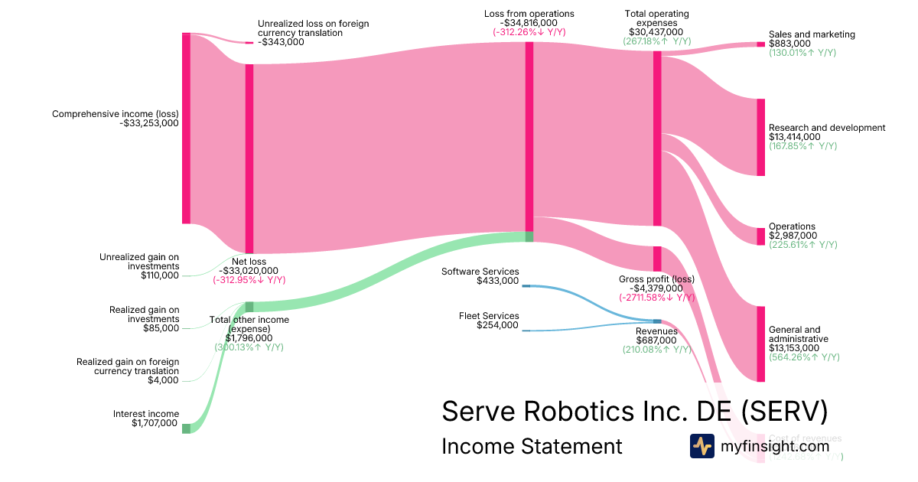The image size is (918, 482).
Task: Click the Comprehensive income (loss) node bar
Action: (x=186, y=129)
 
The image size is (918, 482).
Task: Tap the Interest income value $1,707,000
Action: (x=155, y=423)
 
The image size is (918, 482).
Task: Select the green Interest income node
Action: (x=186, y=428)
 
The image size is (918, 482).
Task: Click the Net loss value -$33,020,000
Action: (x=249, y=270)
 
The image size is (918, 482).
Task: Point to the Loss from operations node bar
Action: (x=529, y=136)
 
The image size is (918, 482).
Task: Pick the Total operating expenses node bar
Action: (x=656, y=138)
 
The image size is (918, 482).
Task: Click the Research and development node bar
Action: (x=760, y=137)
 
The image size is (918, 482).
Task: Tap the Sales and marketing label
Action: (x=812, y=34)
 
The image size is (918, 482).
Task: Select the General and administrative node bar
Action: (x=760, y=344)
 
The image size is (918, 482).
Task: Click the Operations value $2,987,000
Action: (x=793, y=236)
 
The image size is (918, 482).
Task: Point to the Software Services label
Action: (x=480, y=272)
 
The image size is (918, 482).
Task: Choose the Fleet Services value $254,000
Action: (x=497, y=325)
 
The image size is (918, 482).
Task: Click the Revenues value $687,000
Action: (x=656, y=340)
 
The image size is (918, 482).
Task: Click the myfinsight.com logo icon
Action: (x=702, y=446)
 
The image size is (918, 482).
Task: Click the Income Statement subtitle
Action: (x=532, y=446)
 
